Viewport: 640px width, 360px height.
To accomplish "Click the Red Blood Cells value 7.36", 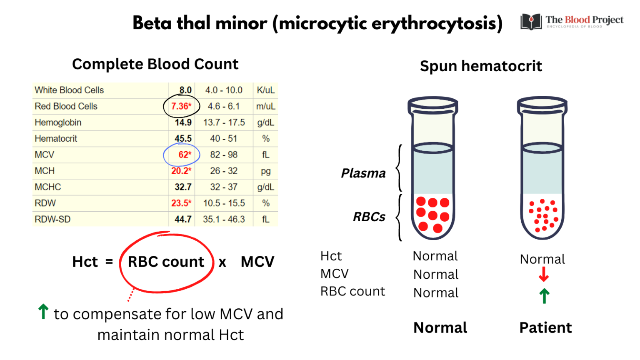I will [x=181, y=106].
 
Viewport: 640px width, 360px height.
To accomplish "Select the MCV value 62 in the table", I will [x=185, y=155].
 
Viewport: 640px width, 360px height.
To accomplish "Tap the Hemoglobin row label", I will [x=58, y=122].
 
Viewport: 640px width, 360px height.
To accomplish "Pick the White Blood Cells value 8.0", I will [x=185, y=90].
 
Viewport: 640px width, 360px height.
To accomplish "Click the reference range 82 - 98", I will [x=224, y=155].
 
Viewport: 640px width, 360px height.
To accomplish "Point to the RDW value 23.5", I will [x=181, y=203].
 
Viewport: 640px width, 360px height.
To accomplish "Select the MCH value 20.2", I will [x=181, y=171].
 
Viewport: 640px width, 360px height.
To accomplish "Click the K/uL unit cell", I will [x=265, y=90].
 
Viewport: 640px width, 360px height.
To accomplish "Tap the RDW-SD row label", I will [x=52, y=219].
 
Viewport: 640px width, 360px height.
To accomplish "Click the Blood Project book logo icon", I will [x=531, y=22].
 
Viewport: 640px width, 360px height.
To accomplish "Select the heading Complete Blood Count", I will [x=155, y=64].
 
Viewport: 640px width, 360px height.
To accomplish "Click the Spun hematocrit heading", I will [x=481, y=66].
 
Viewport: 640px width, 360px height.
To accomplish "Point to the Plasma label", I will [x=363, y=173].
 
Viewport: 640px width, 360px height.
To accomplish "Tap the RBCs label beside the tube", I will [x=369, y=217].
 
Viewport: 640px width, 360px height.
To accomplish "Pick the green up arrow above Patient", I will [x=544, y=296].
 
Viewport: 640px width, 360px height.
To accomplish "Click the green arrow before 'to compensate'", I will [x=43, y=312].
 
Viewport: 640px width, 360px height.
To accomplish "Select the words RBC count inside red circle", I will [x=166, y=262].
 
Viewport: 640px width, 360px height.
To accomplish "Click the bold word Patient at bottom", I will [x=545, y=328].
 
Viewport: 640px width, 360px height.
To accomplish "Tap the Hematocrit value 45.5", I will [x=183, y=139].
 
